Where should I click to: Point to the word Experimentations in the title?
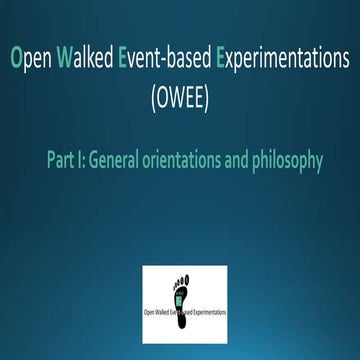point(276,57)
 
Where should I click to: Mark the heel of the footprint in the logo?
point(185,303)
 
